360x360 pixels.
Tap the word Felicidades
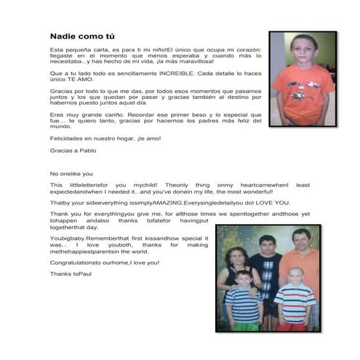pyautogui.click(x=66, y=137)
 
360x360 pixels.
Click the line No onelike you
pyautogui.click(x=71, y=174)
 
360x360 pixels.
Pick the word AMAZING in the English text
pyautogui.click(x=167, y=202)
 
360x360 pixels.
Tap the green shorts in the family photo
pyautogui.click(x=245, y=325)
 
